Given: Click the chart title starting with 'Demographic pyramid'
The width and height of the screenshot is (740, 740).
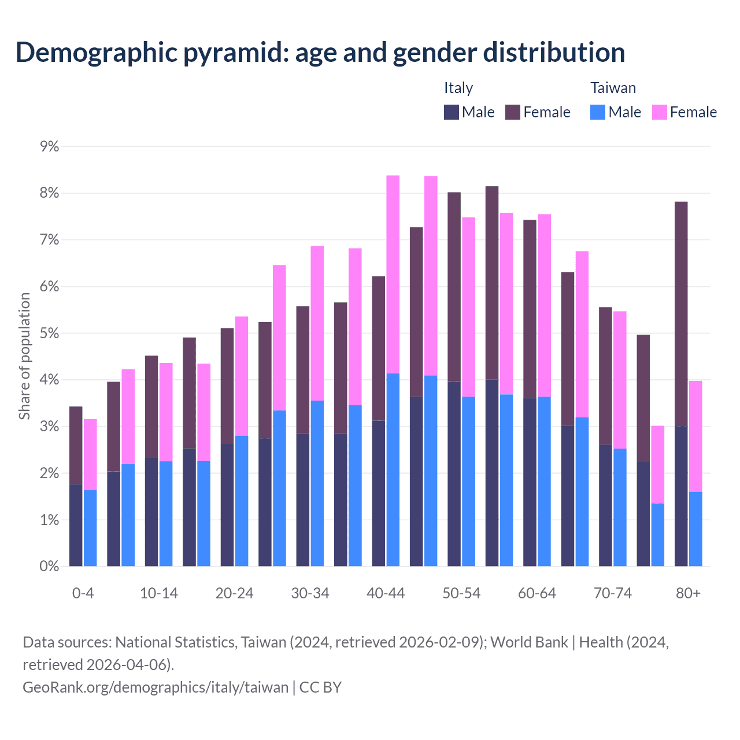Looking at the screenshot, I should [320, 52].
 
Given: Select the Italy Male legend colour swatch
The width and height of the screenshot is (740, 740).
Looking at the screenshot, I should [452, 112].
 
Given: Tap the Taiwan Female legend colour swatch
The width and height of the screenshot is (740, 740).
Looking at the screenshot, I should [660, 112].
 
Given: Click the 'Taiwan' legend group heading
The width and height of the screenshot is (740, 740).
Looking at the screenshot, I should [613, 88].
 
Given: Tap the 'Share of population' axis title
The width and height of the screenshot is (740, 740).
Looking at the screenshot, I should [24, 356].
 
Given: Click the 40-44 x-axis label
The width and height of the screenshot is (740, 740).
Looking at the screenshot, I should [386, 594].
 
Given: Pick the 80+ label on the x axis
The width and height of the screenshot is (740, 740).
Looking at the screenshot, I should [688, 594].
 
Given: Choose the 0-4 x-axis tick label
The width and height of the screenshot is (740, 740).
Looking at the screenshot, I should [83, 594].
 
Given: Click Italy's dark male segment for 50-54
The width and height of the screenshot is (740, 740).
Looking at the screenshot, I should [454, 473].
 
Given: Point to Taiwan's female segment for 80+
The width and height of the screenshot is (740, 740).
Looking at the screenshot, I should [695, 436].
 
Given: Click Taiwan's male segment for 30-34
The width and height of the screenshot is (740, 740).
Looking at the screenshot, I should [317, 483].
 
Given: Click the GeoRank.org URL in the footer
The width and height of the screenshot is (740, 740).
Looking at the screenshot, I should [156, 687].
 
